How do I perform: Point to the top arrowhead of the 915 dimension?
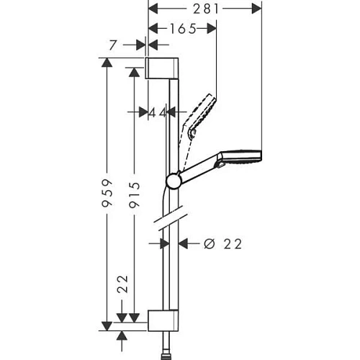134,71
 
